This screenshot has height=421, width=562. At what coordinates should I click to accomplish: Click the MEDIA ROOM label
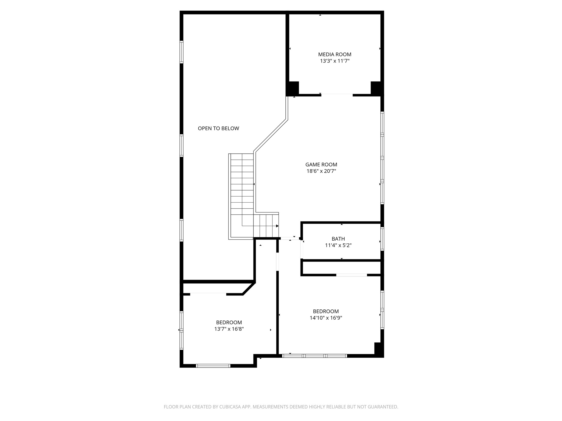[335, 55]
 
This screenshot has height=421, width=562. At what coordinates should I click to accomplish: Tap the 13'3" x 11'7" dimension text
[335, 61]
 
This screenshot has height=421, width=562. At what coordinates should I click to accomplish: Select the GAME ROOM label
[321, 165]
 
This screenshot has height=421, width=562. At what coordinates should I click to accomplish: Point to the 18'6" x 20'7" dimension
[321, 171]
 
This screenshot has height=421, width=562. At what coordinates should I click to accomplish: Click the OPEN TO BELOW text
[218, 128]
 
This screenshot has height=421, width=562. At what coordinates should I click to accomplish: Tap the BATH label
[338, 239]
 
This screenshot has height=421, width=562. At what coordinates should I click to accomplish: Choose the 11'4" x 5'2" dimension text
[338, 246]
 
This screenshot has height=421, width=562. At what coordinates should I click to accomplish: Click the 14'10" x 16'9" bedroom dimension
[326, 318]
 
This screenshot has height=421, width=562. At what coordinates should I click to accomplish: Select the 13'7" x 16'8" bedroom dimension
[229, 329]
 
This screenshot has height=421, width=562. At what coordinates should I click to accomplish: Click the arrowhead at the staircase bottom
[277, 226]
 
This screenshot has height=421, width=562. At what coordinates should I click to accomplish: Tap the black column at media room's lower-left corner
[293, 88]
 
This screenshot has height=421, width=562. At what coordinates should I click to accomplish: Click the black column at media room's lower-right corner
[376, 88]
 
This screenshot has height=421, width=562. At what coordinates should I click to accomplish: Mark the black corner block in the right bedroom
[379, 349]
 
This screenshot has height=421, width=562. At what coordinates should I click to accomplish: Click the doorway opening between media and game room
[337, 95]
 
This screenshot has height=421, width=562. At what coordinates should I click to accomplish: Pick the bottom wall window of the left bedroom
[213, 366]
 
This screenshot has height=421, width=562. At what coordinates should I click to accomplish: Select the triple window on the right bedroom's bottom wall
[314, 356]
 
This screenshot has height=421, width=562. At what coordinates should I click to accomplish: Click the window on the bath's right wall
[382, 239]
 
